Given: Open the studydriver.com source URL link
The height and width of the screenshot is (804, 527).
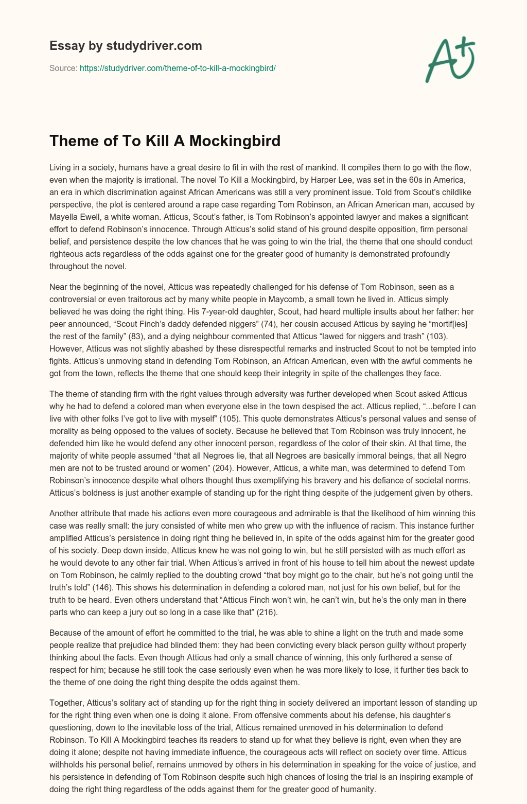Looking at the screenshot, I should click(x=178, y=68).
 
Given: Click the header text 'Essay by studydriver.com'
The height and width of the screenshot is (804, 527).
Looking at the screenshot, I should click(x=126, y=46).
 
